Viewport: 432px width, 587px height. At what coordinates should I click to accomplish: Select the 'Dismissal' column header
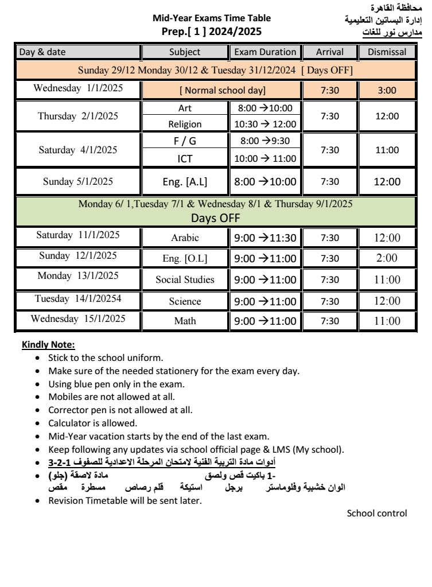coord(383,52)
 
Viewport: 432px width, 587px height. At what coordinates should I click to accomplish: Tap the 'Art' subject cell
coord(185,108)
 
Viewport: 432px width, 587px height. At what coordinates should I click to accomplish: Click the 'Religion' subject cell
coord(185,124)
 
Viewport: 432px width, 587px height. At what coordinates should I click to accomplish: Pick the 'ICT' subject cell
coord(185,158)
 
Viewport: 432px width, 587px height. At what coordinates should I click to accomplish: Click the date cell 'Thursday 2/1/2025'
coord(78,116)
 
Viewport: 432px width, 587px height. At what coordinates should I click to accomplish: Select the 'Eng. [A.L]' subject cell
coord(185,182)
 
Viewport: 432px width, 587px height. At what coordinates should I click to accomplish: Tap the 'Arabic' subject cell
coord(185,238)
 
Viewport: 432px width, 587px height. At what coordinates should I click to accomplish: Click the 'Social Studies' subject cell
coord(185,280)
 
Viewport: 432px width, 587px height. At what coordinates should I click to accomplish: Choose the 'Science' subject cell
coord(185,301)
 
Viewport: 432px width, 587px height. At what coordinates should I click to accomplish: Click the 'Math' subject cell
coord(185,322)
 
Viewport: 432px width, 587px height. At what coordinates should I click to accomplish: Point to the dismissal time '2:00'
coord(383,258)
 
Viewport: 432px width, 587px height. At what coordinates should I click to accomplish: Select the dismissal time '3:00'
coord(383,90)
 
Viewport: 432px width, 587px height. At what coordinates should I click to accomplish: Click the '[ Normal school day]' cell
coord(222,91)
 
